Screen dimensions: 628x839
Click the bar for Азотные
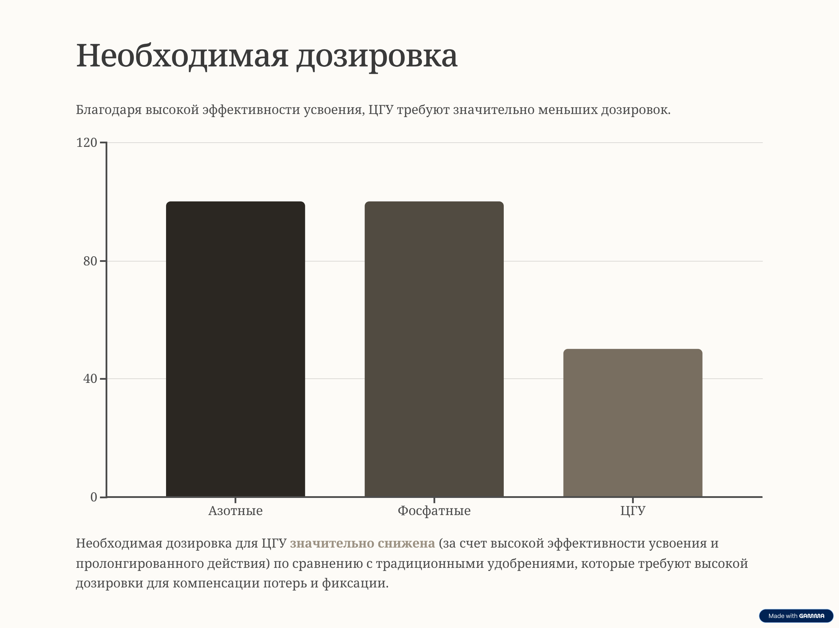coord(235,349)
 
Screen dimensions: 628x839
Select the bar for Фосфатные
coord(434,349)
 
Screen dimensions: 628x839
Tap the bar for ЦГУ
coord(633,423)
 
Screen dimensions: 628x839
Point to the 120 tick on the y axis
coord(87,143)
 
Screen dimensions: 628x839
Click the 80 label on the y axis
coord(90,261)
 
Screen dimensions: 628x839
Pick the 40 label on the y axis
coord(90,379)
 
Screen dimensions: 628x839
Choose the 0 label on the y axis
coord(94,497)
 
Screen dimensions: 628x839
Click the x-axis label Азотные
coord(235,511)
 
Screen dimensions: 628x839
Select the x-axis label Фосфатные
coord(434,511)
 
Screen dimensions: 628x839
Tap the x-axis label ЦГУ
coord(633,511)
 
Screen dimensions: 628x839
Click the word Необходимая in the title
coord(182,56)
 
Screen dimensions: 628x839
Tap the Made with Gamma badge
coord(796,616)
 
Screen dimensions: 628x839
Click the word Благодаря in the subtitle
coord(109,110)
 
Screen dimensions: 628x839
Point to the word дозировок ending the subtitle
coord(635,110)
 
